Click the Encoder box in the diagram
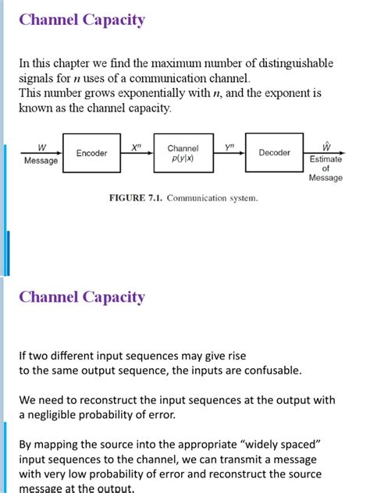(91, 154)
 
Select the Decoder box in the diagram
(274, 154)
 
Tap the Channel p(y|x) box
(183, 154)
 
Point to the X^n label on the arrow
(136, 146)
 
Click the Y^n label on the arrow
(229, 146)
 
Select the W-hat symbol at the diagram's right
(325, 146)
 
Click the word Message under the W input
(41, 161)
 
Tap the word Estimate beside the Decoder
(326, 159)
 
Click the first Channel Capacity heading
(82, 20)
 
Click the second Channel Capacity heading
(82, 297)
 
